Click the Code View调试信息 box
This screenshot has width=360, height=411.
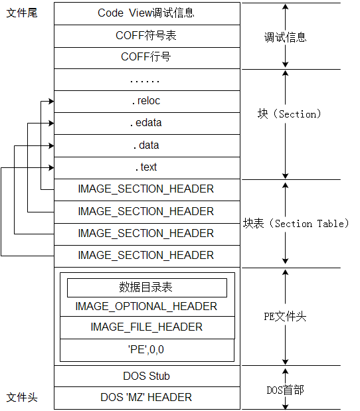[146, 13]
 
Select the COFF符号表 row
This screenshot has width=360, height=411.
[146, 36]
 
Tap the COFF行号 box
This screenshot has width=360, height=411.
[146, 57]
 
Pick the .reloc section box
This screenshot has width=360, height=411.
[146, 101]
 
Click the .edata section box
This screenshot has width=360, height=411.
[146, 123]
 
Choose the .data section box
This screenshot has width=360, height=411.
[146, 145]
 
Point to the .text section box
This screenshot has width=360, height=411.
[146, 167]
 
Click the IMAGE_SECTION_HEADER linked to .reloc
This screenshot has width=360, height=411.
[146, 189]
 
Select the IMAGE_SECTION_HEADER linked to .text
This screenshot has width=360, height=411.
[146, 255]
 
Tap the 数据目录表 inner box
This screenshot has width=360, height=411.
[146, 287]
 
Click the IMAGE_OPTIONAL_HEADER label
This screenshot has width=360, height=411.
[146, 307]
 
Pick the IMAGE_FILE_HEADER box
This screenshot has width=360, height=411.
[146, 327]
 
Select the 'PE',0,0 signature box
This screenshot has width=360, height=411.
[146, 349]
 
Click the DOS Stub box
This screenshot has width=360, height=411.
[146, 376]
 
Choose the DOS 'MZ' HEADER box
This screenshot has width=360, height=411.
[146, 397]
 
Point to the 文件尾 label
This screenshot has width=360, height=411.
[22, 13]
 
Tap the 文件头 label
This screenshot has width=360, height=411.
[22, 397]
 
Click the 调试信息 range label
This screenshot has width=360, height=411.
[286, 37]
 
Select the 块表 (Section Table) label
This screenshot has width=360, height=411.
[296, 224]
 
